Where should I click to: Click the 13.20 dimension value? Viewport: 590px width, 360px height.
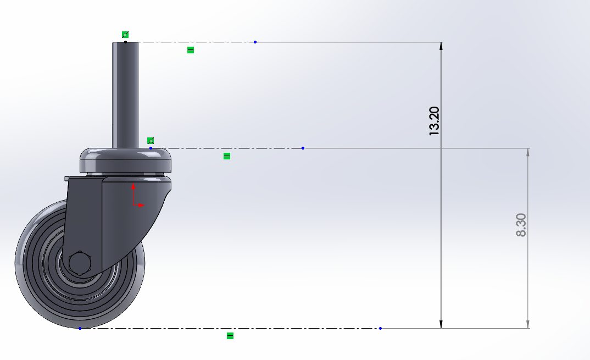434,121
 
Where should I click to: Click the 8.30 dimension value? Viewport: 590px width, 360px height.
521,225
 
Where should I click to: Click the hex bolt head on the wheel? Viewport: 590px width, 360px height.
80,263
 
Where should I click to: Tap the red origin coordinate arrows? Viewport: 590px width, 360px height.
137,196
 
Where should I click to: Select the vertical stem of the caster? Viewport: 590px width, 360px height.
125,95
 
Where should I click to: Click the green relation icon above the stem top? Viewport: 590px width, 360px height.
125,35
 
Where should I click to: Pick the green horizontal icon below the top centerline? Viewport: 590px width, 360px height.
191,49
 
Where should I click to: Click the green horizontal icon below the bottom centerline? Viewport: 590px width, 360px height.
230,335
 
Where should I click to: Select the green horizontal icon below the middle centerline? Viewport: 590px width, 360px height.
226,156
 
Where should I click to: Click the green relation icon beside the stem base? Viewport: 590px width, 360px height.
151,141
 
